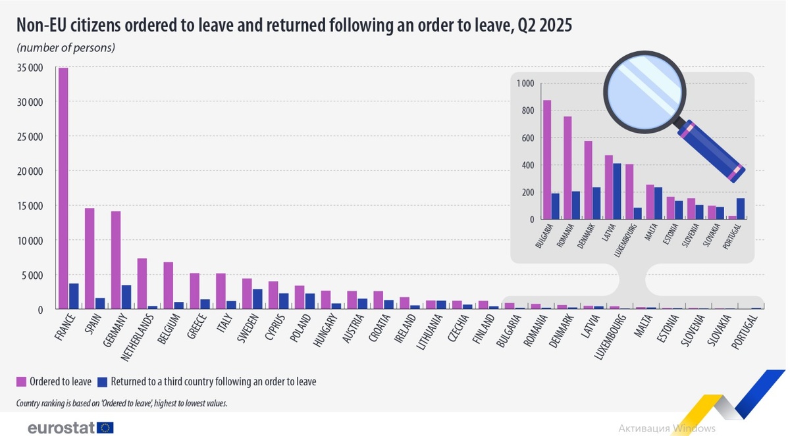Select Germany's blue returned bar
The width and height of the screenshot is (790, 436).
point(126,297)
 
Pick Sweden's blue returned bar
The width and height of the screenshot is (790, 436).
point(257,299)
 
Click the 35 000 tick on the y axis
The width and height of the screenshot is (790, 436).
point(30,68)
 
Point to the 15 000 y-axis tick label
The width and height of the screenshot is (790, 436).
point(30,206)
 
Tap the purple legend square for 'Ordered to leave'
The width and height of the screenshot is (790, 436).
point(21,381)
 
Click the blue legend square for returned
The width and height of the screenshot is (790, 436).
point(101,381)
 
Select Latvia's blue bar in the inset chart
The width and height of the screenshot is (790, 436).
point(618,191)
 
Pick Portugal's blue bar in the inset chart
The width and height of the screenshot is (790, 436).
point(741,208)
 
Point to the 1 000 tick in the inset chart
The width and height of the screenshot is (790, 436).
point(526,84)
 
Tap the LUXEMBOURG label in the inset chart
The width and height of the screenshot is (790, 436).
point(625,239)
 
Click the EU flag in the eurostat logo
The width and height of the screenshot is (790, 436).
point(105,427)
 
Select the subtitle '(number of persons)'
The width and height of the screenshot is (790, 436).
point(66,47)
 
